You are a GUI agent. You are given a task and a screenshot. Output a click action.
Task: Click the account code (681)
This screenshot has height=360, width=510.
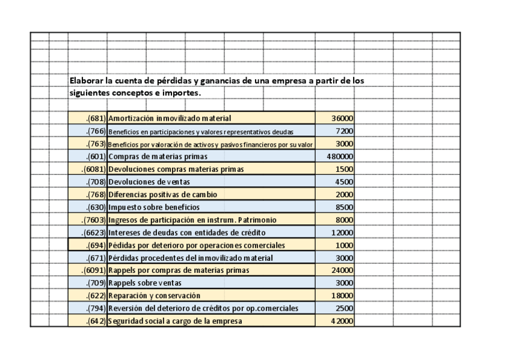pos(97,119)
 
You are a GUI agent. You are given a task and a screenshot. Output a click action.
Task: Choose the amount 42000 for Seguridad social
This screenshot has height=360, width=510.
pos(343,321)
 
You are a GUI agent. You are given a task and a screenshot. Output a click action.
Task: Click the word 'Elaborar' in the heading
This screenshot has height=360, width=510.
pos(87,81)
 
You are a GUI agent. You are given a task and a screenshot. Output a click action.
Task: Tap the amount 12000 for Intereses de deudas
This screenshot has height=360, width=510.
pos(343,233)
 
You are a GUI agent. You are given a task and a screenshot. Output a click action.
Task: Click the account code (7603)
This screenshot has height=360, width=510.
pos(95,220)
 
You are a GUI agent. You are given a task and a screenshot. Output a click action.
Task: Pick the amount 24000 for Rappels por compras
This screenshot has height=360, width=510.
pos(343,270)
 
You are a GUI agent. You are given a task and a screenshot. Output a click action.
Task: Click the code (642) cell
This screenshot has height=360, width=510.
pos(96,321)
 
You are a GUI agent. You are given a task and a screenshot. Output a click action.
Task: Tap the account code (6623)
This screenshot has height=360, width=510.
pos(95,233)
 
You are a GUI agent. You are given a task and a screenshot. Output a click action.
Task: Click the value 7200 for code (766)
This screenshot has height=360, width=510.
pos(345,131)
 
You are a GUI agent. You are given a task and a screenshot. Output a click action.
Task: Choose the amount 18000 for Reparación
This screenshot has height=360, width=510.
pos(343,296)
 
